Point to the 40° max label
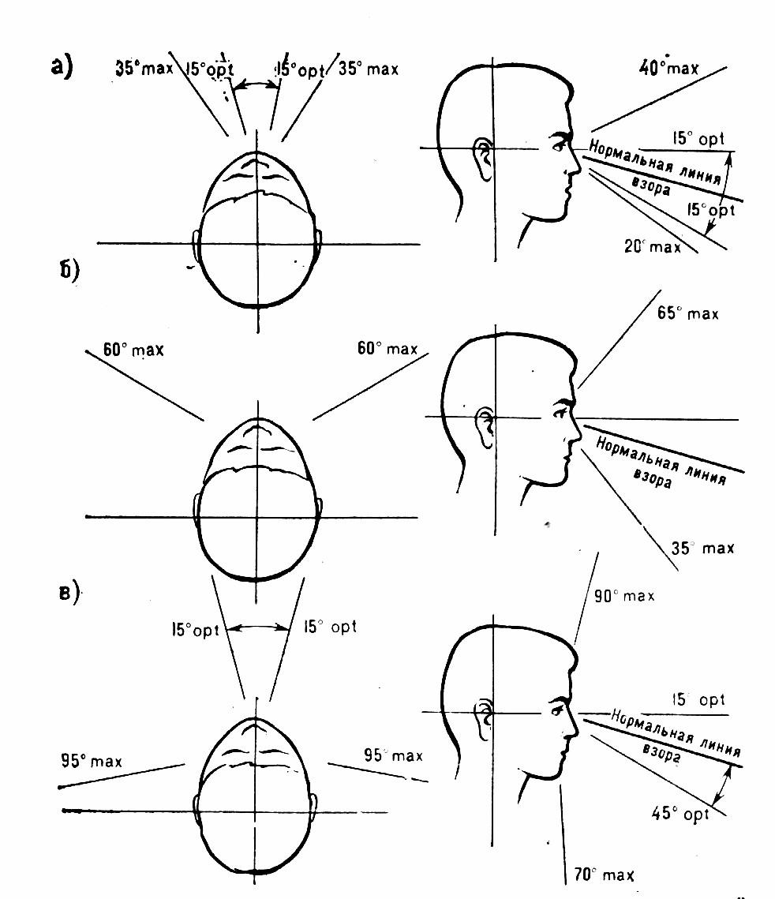tap(668, 68)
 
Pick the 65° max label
tap(687, 313)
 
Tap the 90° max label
tap(623, 596)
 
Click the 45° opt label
tap(680, 812)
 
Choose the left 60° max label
tap(133, 349)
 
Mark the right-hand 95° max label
tap(393, 755)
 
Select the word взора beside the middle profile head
tap(653, 476)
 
